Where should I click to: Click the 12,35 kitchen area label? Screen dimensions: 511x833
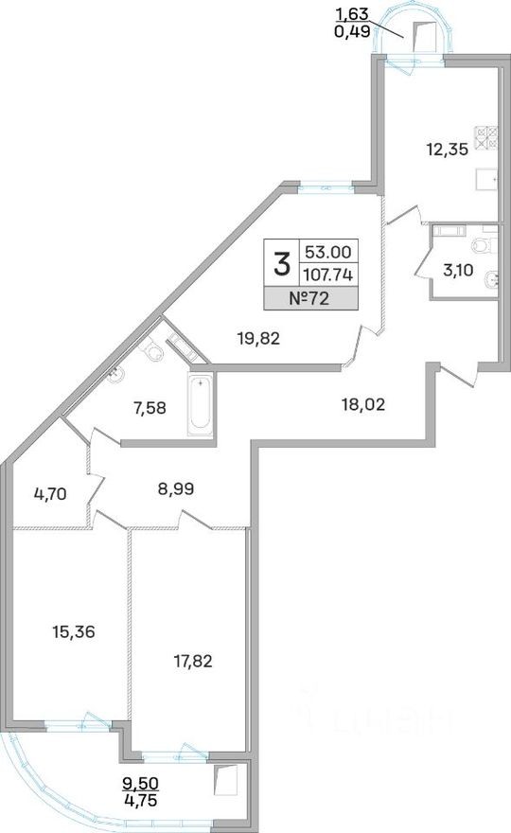click(447, 150)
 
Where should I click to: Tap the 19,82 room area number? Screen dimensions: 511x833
click(258, 338)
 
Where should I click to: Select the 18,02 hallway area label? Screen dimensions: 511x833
click(362, 405)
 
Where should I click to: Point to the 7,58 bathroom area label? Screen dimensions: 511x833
click(149, 409)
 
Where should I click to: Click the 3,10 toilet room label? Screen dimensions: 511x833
click(458, 271)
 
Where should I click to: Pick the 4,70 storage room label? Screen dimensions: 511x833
click(49, 494)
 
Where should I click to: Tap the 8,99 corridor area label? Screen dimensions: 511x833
click(176, 488)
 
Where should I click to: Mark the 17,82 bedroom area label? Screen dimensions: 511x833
click(193, 662)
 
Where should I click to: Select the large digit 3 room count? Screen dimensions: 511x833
click(282, 264)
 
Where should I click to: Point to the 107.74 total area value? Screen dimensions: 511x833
click(328, 275)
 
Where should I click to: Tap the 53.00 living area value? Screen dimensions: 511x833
click(328, 250)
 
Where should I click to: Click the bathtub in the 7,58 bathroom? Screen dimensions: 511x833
click(201, 401)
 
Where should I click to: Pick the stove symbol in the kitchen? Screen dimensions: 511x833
click(486, 136)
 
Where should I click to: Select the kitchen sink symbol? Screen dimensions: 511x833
click(486, 179)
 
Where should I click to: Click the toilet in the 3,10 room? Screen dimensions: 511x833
click(483, 245)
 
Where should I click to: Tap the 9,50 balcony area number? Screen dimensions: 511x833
click(141, 783)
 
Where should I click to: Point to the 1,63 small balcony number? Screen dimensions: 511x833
click(351, 14)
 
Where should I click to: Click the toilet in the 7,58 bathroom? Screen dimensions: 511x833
click(153, 350)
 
